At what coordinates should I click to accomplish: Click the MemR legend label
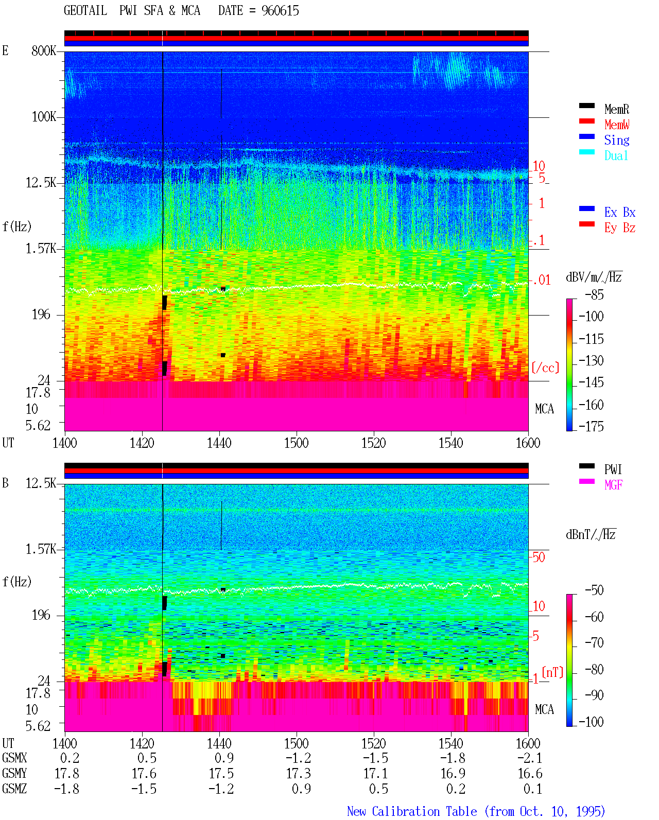pos(616,109)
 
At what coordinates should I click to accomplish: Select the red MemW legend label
pos(617,125)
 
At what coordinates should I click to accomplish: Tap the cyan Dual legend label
pos(616,155)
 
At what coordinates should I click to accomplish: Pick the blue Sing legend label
pos(616,141)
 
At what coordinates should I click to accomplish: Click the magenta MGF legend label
pos(613,485)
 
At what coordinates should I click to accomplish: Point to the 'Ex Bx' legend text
pos(620,212)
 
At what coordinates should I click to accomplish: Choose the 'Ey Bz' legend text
pos(620,228)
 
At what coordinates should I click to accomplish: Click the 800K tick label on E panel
pos(43,50)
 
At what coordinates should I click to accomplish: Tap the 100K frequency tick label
pos(43,117)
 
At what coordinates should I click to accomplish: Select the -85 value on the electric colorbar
pos(594,295)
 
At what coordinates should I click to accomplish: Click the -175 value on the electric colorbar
pos(591,426)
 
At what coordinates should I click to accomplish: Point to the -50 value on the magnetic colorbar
pos(594,590)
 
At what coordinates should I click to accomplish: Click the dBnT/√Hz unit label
pos(591,534)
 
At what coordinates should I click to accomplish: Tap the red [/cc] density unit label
pos(545,368)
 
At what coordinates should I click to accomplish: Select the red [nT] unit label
pos(552,672)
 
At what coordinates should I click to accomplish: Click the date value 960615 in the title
pos(280,11)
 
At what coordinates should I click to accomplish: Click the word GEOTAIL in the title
pos(85,10)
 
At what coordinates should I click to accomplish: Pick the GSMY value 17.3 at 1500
pos(299,774)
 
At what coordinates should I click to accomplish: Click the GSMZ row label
pos(14,789)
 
